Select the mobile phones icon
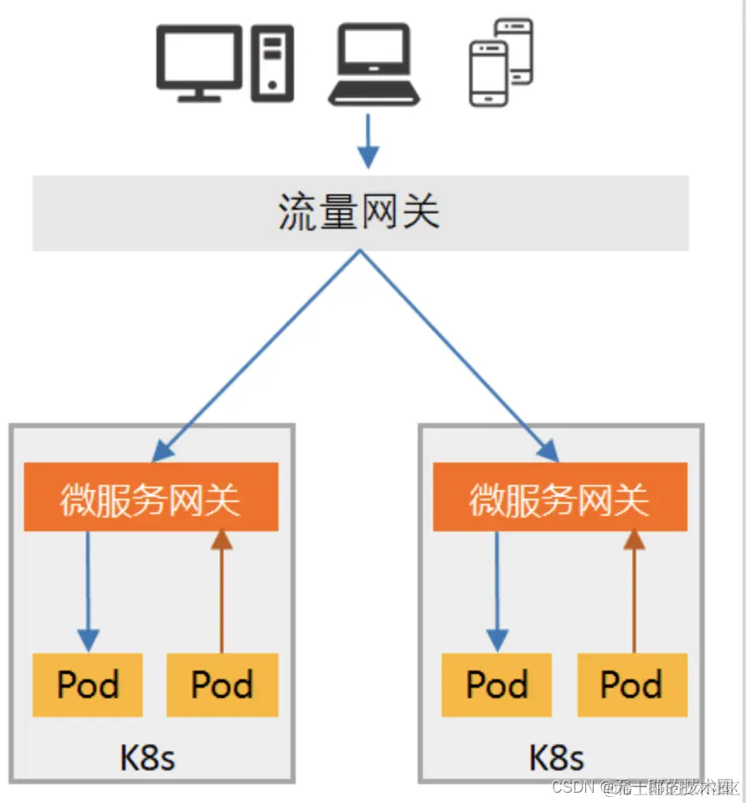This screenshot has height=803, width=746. coord(501,62)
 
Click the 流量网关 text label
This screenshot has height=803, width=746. coord(359,211)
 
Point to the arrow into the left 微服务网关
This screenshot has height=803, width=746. coord(258,353)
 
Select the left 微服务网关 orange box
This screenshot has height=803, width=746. coord(151,497)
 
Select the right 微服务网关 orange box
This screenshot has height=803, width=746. coord(560,497)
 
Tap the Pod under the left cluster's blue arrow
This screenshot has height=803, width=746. coord(88,685)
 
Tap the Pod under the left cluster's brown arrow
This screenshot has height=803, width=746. coord(223,685)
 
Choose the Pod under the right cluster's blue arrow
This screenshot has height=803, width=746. coord(497,685)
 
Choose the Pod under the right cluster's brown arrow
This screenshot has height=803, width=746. coord(633,685)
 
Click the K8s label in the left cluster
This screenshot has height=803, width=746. coord(148,757)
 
